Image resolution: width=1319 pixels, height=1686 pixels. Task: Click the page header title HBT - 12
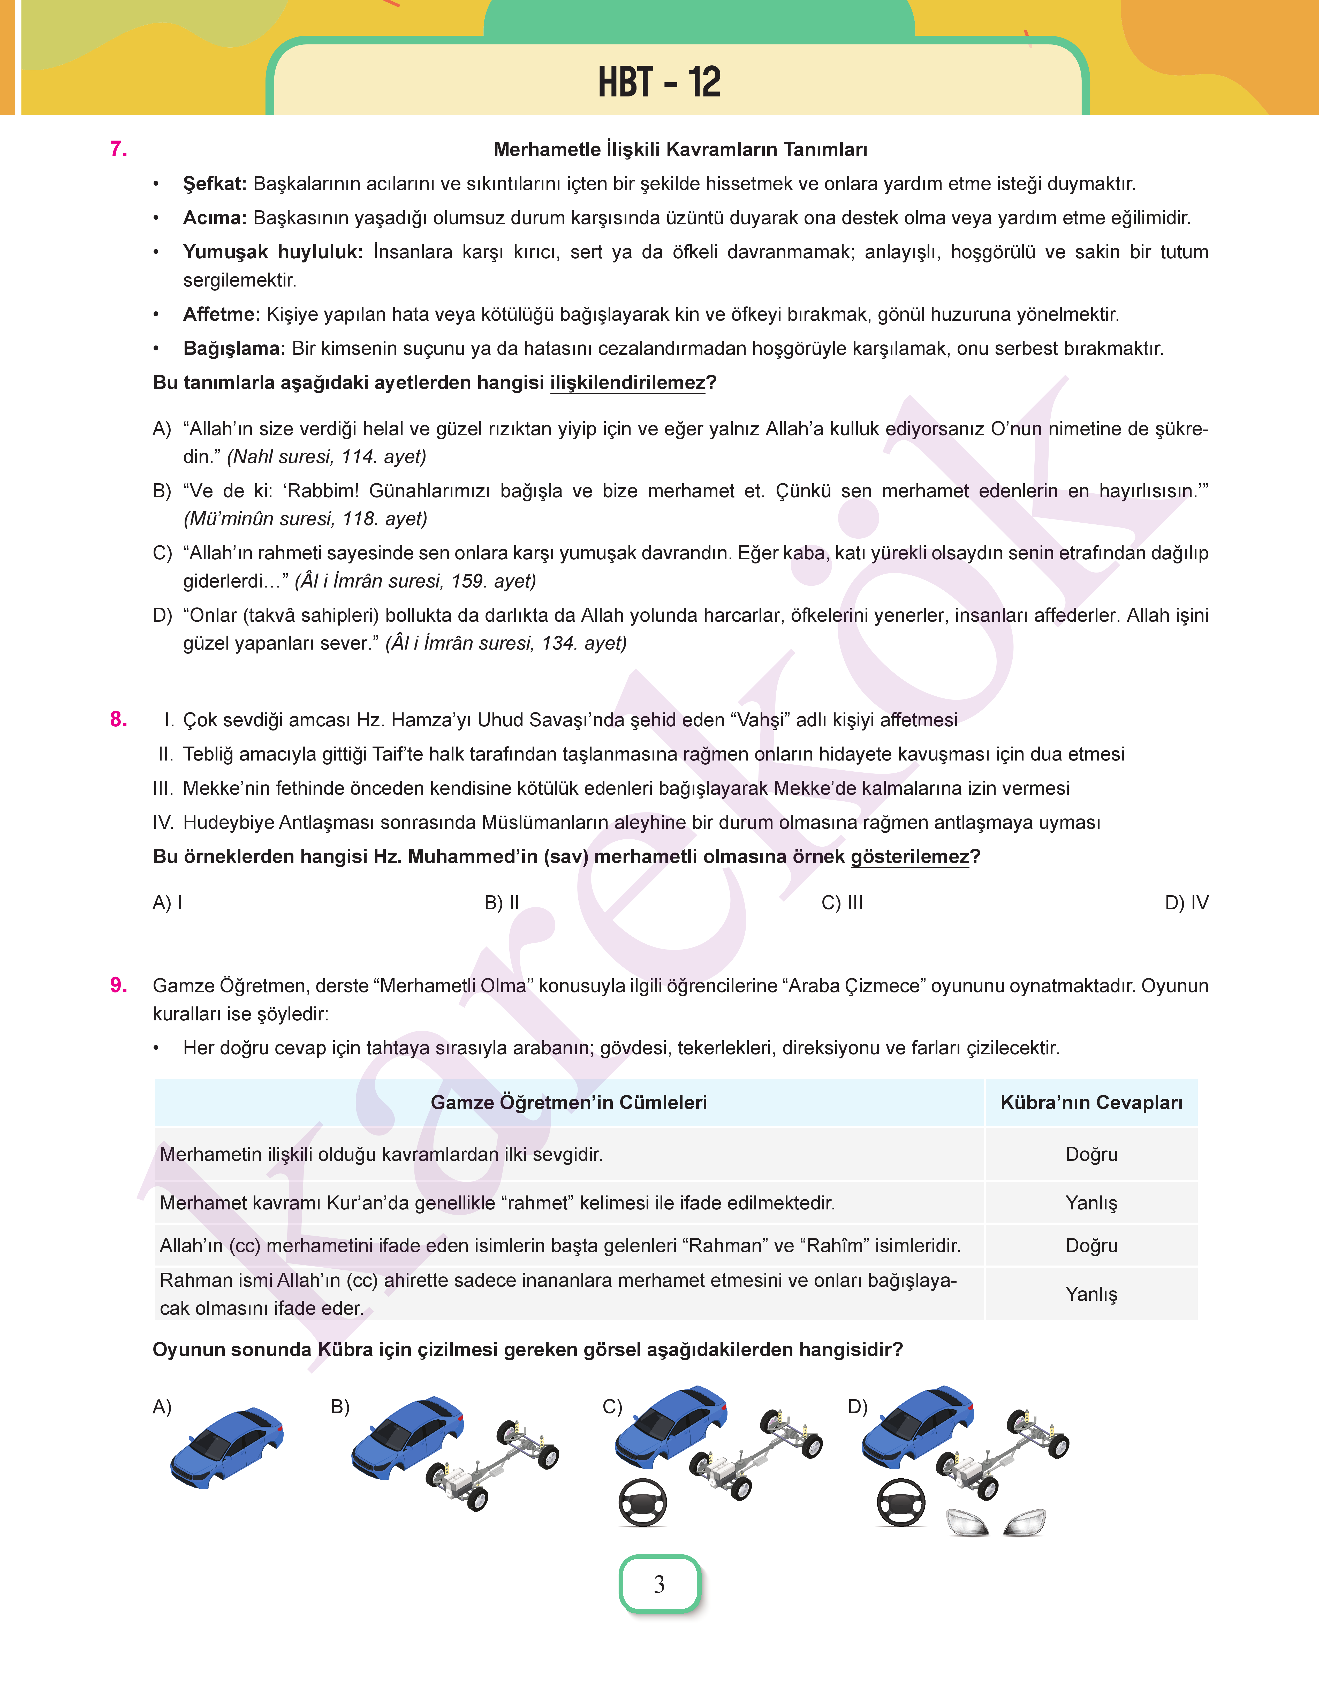659,82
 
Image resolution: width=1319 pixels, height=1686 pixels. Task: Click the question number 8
118,719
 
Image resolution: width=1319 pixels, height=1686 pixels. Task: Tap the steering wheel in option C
642,1502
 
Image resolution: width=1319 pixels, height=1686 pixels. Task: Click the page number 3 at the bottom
659,1584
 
